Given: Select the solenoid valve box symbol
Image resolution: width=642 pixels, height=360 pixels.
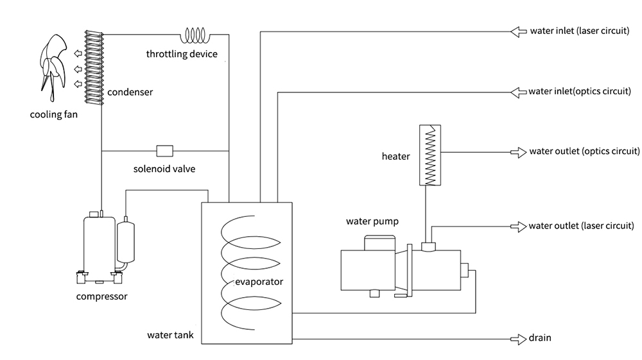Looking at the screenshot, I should coord(165,151).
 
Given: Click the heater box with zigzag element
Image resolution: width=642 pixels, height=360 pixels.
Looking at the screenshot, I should coord(429,155).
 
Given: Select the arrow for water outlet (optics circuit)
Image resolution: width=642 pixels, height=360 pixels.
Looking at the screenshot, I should coord(517,152).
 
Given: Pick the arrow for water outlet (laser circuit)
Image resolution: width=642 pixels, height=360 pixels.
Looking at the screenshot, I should coord(517,226).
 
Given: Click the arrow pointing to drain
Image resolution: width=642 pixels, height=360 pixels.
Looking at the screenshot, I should coord(517,338).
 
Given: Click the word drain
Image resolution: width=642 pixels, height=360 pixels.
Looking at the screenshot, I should coord(540,338).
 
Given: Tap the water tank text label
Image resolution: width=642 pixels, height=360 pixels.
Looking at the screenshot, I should coord(170,335).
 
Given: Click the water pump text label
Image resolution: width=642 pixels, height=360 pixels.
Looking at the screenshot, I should coord(372,222).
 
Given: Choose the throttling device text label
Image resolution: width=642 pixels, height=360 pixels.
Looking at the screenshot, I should coord(182,55).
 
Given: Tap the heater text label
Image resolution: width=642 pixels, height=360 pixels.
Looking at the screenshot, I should coord(395,156).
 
